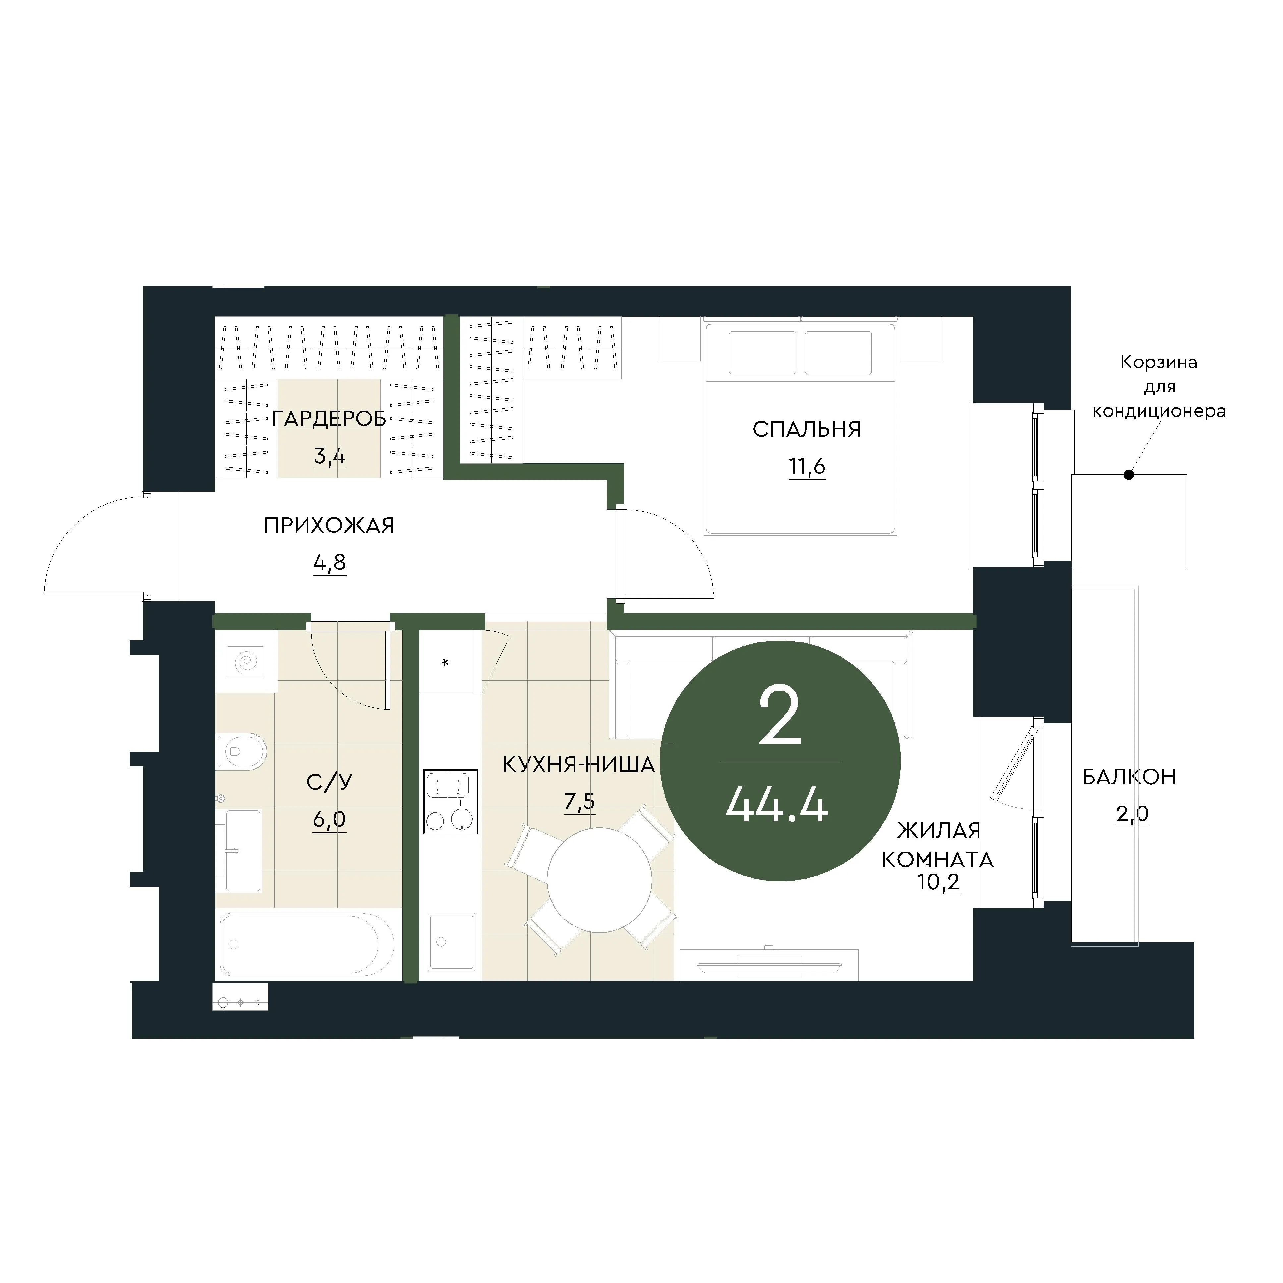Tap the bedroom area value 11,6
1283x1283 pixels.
click(807, 467)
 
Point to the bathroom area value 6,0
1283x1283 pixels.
click(329, 820)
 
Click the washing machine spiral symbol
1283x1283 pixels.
click(246, 661)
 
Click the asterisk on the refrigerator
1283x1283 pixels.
click(445, 663)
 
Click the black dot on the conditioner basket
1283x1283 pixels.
click(1128, 475)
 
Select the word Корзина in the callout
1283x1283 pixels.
click(1159, 363)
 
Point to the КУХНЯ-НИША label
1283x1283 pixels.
click(579, 765)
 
